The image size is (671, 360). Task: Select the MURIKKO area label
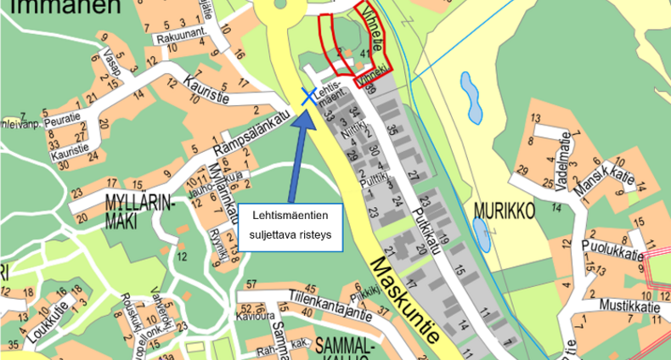click(x=502, y=210)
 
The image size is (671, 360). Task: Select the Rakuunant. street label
click(x=181, y=38)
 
